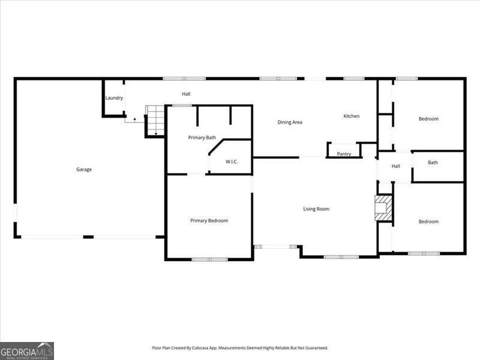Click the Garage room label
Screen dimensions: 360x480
coord(84,169)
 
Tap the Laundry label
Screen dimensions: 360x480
coord(114,98)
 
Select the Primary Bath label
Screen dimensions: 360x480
coord(202,137)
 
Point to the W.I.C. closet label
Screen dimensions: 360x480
coord(233,161)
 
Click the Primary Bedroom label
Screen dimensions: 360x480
coord(209,221)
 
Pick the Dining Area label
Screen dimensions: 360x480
coord(290,122)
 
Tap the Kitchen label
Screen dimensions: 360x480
coord(352,116)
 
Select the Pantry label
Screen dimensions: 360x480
coord(344,154)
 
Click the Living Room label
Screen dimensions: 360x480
coord(316,209)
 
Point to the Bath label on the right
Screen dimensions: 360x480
coord(433,162)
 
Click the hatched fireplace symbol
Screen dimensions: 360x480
coord(382,208)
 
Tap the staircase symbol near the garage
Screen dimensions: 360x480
coord(155,119)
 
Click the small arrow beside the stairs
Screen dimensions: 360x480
coord(135,119)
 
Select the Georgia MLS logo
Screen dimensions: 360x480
coord(27,350)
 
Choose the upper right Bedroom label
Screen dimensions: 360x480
coord(428,119)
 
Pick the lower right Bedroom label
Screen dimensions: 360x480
coord(428,221)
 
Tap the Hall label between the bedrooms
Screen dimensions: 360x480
coord(396,166)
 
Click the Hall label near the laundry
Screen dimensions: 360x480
coord(187,94)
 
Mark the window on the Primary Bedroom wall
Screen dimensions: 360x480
coord(209,259)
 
